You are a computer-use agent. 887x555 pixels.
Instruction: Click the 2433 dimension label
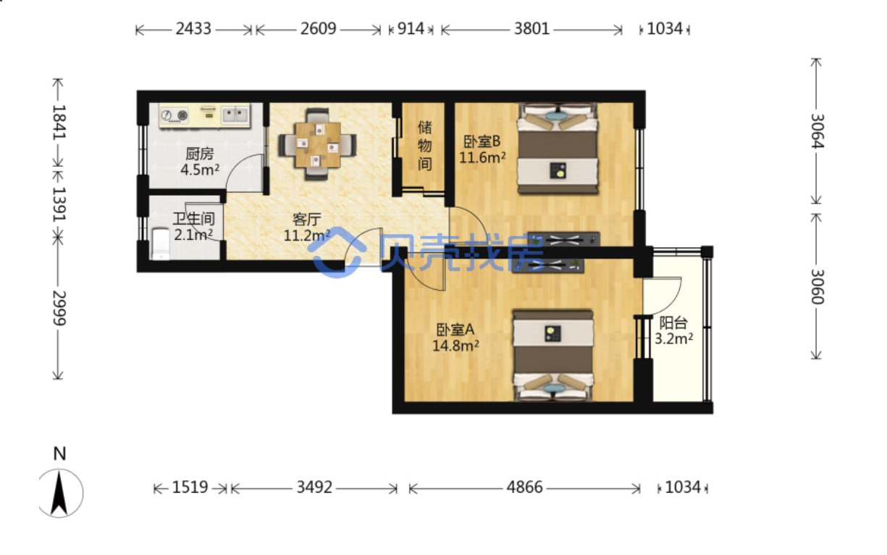click(x=193, y=29)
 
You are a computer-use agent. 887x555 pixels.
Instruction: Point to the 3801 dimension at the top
click(x=531, y=29)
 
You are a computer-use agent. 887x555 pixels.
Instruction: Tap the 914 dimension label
click(x=411, y=29)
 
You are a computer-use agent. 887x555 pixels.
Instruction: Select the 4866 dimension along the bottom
click(x=524, y=488)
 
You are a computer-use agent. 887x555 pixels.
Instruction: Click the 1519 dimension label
click(x=190, y=488)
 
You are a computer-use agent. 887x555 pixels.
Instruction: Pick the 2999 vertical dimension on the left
click(x=59, y=308)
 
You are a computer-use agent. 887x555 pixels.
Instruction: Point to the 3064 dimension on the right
click(x=817, y=131)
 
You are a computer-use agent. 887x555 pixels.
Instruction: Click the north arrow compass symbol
click(x=60, y=493)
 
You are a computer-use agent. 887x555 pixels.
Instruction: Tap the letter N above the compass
click(x=60, y=454)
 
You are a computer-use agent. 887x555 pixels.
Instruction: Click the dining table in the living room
click(x=317, y=145)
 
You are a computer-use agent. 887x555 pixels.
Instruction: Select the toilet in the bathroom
click(x=161, y=243)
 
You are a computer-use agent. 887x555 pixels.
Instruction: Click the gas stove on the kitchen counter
click(x=175, y=115)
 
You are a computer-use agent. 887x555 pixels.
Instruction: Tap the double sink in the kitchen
click(x=235, y=115)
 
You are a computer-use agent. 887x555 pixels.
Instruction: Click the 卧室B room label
click(x=482, y=141)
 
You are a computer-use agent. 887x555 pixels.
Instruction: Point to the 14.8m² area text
click(x=455, y=346)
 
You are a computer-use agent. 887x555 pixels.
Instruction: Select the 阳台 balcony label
click(x=673, y=323)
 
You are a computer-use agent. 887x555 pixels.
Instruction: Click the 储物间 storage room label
click(x=424, y=146)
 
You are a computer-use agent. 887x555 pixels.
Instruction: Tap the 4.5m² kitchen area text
click(x=200, y=170)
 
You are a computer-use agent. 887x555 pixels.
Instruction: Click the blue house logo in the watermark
click(x=337, y=252)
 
